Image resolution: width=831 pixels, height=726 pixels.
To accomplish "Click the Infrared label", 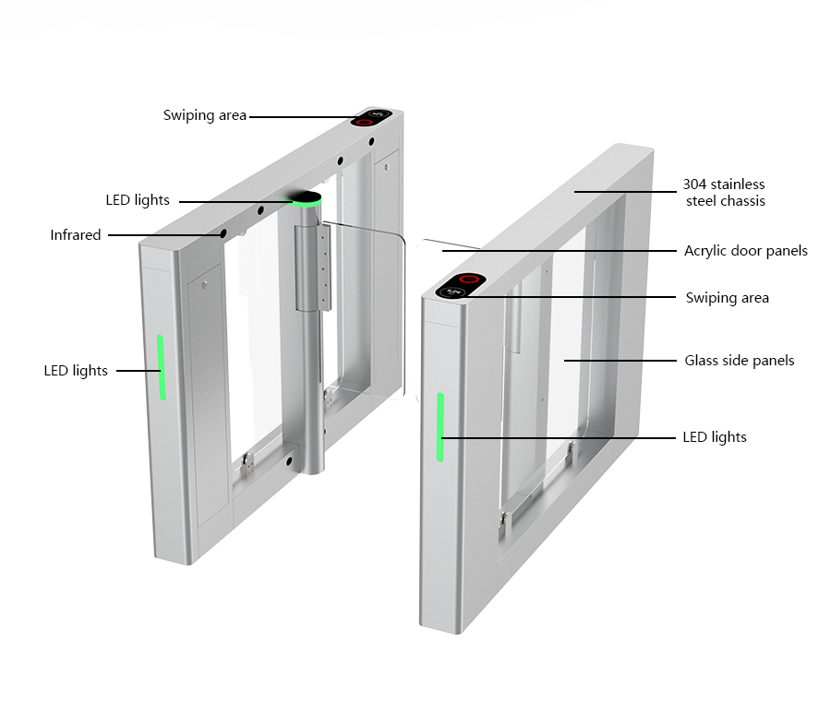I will pos(76,235).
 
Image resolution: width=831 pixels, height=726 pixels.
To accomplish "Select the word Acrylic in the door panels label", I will pos(705,251).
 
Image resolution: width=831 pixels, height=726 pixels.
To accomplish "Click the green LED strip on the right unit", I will pos(440,427).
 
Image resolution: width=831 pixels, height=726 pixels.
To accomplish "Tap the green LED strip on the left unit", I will pos(161,367).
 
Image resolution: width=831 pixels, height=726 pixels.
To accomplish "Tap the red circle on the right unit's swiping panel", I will pos(470,279).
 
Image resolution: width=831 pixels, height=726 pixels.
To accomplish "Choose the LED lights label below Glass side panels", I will pos(715,437).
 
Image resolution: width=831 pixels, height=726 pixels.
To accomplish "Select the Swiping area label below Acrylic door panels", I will pos(728,298).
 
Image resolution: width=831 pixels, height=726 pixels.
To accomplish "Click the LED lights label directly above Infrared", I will pos(138,200).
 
